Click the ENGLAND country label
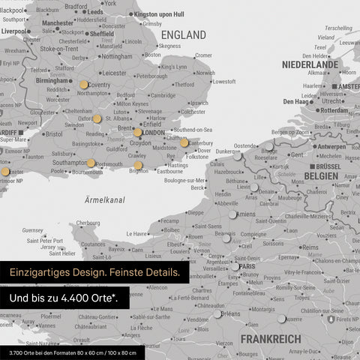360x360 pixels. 183,35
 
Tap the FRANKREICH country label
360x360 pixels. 270,340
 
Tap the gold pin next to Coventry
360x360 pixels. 82,85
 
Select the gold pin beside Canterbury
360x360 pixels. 184,142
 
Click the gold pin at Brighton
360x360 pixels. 138,166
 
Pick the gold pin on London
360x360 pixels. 138,133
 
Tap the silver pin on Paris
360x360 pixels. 235,265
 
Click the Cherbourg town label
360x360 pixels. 88,223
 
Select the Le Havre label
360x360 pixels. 139,234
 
